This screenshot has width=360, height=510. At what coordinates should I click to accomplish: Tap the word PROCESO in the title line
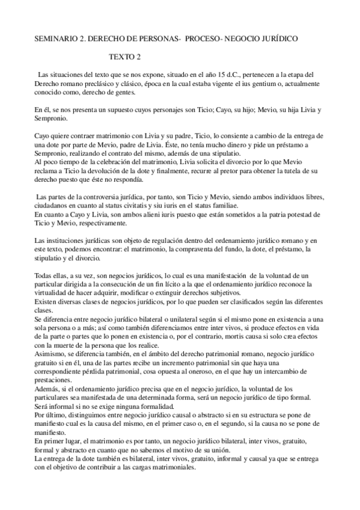coord(202,38)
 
